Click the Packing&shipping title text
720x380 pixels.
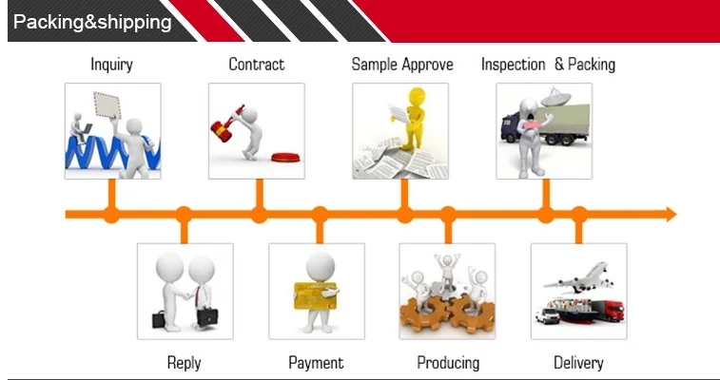tap(92, 22)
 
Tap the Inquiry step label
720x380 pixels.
tap(111, 65)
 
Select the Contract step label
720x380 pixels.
tap(256, 65)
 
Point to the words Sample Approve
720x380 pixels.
tap(402, 65)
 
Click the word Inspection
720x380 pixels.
tap(513, 65)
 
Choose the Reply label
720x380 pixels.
tap(185, 363)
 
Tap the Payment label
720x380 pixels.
tap(316, 363)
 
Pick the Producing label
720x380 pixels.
tap(448, 363)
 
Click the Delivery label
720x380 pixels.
tap(578, 363)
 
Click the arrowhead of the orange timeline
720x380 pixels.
tap(671, 214)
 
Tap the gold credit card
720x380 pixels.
tap(316, 295)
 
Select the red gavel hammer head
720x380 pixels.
tap(221, 131)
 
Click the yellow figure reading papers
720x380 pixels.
tap(414, 118)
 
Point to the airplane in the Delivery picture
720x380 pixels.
tap(579, 276)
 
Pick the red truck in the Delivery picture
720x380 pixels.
tap(607, 311)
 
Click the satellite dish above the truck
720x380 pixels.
tap(555, 97)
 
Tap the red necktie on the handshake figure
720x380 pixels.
tap(197, 297)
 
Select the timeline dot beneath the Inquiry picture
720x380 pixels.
tap(111, 215)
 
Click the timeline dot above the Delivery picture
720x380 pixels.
tap(579, 215)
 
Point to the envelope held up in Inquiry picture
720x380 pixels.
tap(107, 105)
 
